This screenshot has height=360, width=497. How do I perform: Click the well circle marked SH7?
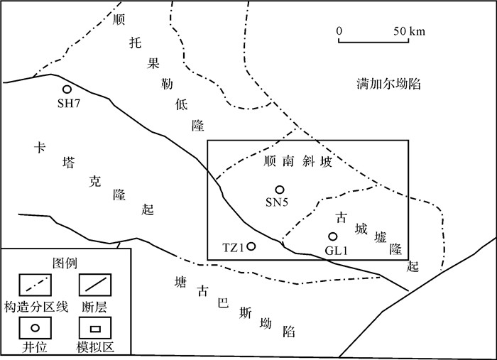[x=67, y=89]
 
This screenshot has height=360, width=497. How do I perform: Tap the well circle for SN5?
[x=280, y=190]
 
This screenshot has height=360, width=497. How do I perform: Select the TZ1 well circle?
[x=251, y=246]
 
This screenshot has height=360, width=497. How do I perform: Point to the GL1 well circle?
[x=332, y=236]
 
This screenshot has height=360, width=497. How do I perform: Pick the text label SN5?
[x=277, y=202]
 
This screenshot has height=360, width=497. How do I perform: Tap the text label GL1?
[x=334, y=250]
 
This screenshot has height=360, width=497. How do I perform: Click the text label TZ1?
[x=233, y=248]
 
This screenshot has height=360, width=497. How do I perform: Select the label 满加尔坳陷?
[x=390, y=84]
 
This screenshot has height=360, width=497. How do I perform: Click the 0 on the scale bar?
[x=339, y=31]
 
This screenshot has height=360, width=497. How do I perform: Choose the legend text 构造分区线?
[x=35, y=307]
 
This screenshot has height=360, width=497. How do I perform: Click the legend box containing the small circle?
[x=35, y=327]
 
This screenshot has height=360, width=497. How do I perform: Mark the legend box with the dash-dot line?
[x=35, y=287]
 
